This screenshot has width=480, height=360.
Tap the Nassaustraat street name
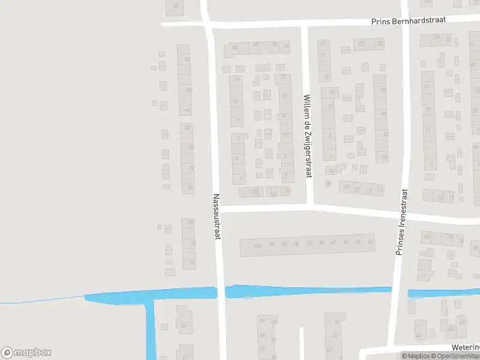point(217,216)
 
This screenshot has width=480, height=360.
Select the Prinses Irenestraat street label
point(401,223)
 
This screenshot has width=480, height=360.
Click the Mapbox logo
point(26,353)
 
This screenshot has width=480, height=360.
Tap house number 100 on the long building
point(257,245)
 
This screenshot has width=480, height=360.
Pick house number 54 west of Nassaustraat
point(187,59)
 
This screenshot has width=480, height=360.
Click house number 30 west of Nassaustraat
point(190,188)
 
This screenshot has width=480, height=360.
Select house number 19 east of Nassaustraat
point(237,80)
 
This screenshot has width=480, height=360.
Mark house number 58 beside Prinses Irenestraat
point(383,157)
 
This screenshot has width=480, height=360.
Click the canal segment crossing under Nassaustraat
point(221,292)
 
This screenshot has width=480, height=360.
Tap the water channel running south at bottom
point(150,330)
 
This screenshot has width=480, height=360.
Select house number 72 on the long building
point(309,243)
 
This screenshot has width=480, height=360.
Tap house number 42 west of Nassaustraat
point(188,128)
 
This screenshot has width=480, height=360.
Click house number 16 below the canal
point(182,327)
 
